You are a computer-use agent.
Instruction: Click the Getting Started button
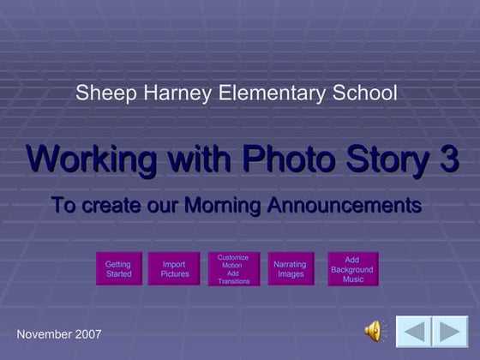(x=118, y=269)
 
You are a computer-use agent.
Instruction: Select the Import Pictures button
(x=174, y=269)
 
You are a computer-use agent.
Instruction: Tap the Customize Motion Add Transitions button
(x=233, y=269)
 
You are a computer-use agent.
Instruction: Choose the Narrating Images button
(x=290, y=269)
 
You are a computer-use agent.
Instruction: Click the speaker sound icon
(x=375, y=330)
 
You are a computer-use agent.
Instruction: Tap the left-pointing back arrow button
(x=412, y=332)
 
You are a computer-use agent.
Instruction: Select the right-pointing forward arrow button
(x=449, y=332)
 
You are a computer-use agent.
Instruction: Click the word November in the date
(x=45, y=333)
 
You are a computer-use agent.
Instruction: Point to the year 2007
(x=88, y=333)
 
